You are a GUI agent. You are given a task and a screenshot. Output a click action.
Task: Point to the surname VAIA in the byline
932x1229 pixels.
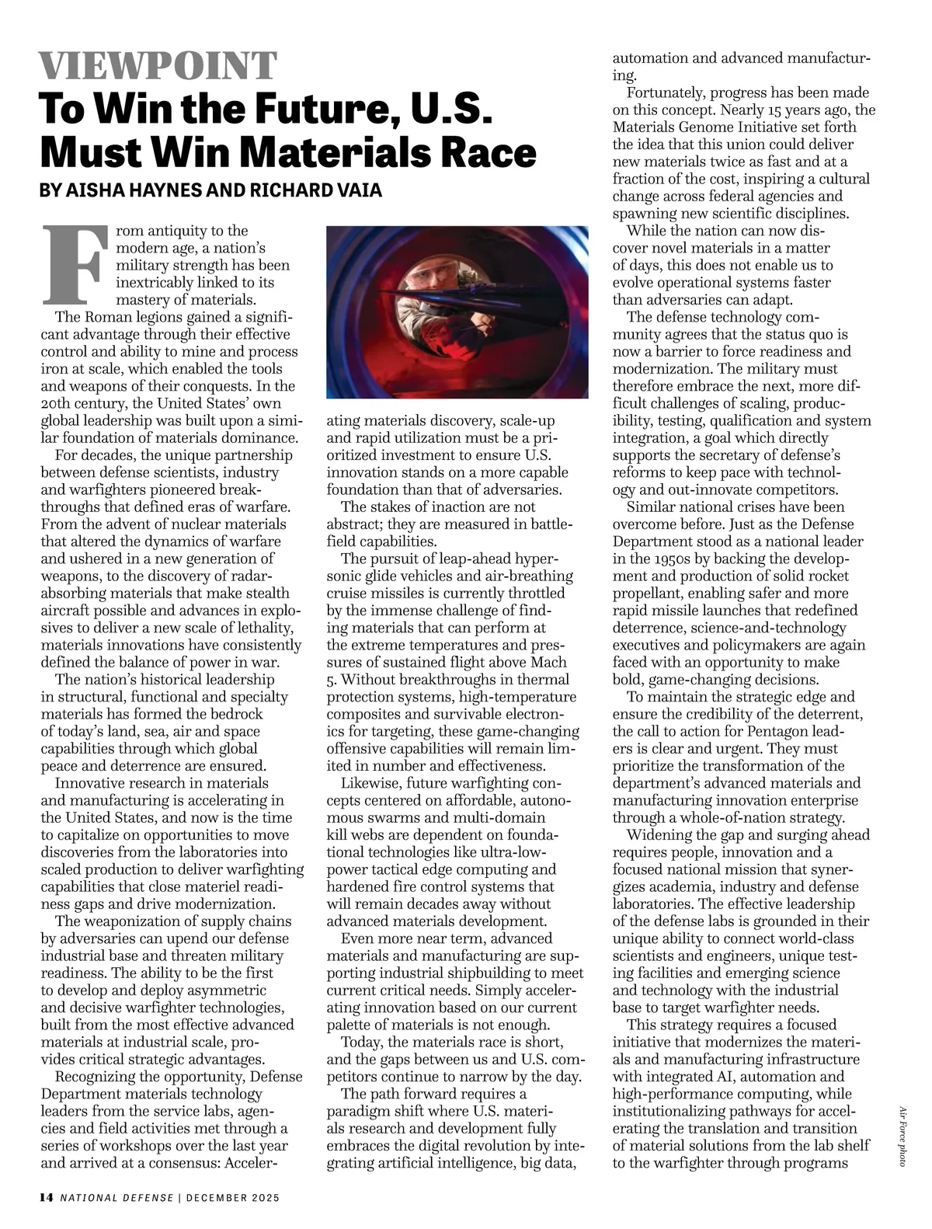(x=356, y=190)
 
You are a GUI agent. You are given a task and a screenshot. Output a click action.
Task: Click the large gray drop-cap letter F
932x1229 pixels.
(x=73, y=264)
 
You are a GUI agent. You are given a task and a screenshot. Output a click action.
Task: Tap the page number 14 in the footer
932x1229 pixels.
(x=46, y=1197)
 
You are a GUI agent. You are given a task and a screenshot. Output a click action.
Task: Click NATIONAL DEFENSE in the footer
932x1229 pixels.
(x=117, y=1197)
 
